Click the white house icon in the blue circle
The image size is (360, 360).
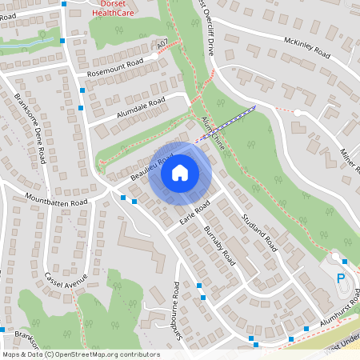coord(179,172)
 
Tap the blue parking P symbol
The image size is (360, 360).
coord(341,278)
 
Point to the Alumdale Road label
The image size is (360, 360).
coord(139,106)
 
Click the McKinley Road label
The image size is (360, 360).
coord(306,47)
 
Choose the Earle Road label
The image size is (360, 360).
coord(194,212)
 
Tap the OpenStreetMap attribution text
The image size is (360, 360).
coord(80,354)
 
